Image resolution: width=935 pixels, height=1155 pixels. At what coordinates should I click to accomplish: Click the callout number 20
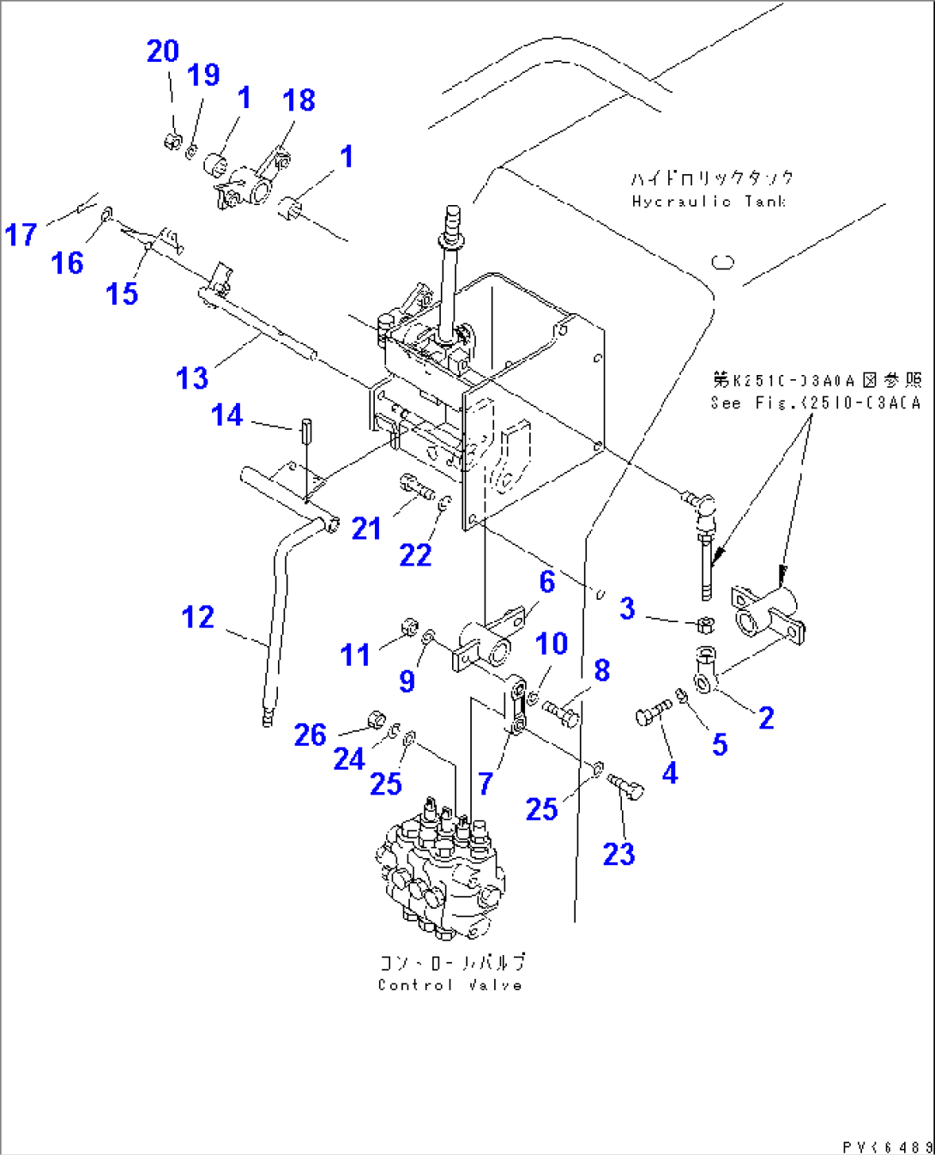163,51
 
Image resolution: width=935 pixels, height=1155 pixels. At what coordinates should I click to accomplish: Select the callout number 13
192,378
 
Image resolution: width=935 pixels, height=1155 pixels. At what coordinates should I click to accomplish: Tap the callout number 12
197,617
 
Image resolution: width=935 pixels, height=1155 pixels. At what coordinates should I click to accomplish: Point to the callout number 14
227,415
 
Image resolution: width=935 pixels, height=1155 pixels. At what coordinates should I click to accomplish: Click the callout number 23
618,854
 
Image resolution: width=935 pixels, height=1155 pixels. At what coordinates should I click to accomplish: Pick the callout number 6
547,582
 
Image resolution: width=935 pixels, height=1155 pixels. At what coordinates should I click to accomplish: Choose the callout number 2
766,717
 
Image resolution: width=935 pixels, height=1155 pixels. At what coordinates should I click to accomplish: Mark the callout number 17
21,234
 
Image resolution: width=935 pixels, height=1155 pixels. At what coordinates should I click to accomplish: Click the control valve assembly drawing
441,871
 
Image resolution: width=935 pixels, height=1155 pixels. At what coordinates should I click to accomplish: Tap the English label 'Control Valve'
449,985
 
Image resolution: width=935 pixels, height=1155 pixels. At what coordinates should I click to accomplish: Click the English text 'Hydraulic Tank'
709,202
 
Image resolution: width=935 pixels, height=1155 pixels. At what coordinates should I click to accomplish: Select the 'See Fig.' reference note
815,402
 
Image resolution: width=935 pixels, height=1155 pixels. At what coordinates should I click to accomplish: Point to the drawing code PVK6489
886,1146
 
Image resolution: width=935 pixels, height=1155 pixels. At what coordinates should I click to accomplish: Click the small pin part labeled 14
305,428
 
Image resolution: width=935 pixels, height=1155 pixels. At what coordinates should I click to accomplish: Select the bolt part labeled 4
653,712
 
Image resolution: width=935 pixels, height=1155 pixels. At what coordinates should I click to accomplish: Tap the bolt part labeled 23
625,784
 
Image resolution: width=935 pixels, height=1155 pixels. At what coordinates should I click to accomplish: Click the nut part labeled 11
409,625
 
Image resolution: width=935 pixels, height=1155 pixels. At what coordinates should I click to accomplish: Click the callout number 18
299,100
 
